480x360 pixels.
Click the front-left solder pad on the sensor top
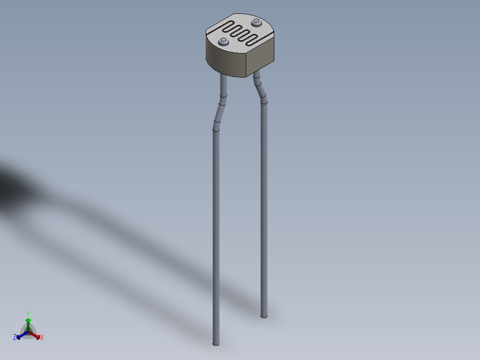224,42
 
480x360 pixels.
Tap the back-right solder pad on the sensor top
256,22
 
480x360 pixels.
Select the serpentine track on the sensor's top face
240,32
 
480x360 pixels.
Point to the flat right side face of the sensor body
260,58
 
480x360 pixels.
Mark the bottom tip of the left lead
216,343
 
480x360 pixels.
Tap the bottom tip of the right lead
264,316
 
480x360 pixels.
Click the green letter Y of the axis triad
28,313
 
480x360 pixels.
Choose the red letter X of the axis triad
42,338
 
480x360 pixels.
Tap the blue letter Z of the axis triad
15,338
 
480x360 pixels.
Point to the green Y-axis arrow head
28,320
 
